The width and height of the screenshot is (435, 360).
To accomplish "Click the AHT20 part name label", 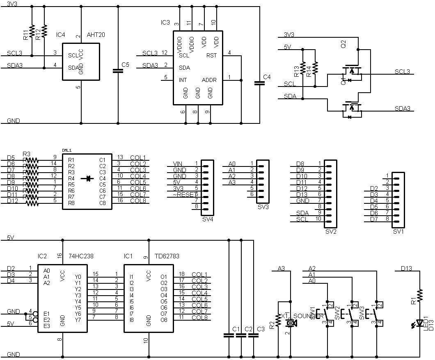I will point(96,35).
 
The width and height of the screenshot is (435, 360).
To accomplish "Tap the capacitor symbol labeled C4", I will point(260,83).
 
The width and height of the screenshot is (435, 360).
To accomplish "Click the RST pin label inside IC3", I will point(212,55).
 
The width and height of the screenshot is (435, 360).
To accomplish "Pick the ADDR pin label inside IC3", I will point(209,80).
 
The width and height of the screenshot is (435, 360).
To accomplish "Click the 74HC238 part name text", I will point(81,256).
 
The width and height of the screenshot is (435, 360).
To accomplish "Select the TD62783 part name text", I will point(167,256).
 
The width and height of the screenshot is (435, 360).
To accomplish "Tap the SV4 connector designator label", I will point(208,219).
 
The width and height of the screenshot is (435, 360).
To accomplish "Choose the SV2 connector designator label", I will point(330,232).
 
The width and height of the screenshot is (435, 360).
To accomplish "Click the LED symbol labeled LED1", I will point(419,323).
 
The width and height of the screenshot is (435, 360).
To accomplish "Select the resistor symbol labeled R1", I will point(420,296).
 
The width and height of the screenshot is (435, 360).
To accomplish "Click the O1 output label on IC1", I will point(164,277).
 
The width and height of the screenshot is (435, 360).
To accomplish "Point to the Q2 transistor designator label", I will point(343,44).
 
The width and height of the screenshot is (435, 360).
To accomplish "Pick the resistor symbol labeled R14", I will point(315,68).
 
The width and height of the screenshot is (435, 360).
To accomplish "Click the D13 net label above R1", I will point(406,269).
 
